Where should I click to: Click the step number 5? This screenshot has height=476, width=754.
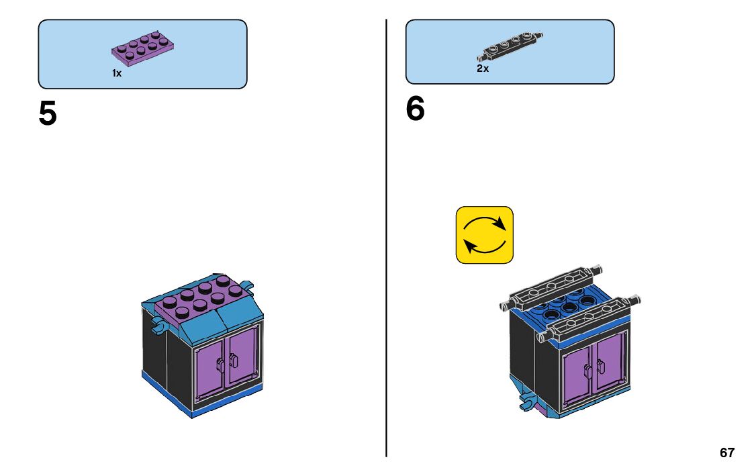coord(48,113)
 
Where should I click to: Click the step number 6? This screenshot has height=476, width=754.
coord(415,109)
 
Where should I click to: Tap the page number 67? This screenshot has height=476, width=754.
coord(726,453)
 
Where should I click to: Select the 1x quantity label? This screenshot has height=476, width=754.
coord(117,73)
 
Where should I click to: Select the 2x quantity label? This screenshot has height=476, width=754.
coord(483,68)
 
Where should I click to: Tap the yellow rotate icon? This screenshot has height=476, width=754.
coord(484,234)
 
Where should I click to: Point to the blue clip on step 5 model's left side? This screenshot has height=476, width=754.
coord(158,327)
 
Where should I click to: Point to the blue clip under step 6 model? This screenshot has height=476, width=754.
coord(528,403)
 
